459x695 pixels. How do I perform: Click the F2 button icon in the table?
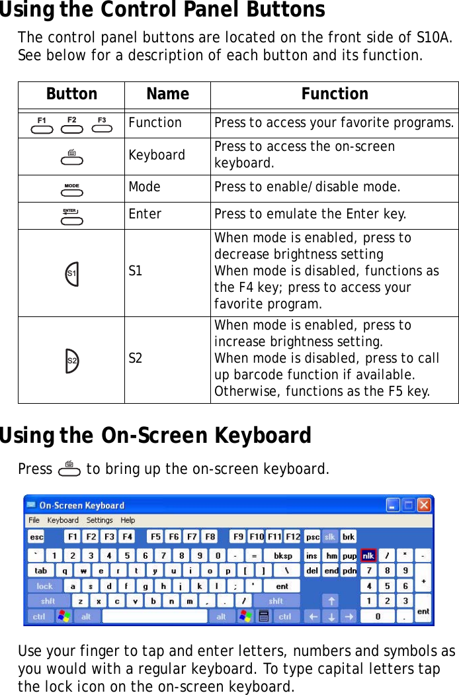[x=71, y=124]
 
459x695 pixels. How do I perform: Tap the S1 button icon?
[x=71, y=273]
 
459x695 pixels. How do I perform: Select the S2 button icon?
[x=71, y=360]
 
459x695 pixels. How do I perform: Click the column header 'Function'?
[x=335, y=94]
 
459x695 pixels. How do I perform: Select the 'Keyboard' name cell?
[x=157, y=155]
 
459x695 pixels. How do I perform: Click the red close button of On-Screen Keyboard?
[x=423, y=505]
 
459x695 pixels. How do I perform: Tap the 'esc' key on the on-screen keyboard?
[x=36, y=537]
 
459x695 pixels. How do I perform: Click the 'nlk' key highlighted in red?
[x=368, y=555]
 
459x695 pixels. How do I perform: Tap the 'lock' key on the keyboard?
[x=44, y=586]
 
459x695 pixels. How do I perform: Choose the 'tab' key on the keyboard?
[x=41, y=570]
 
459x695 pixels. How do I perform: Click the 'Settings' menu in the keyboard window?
[x=99, y=520]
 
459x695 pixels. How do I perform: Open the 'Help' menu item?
[x=128, y=520]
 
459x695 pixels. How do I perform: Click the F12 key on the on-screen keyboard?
[x=292, y=537]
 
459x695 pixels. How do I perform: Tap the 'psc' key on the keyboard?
[x=312, y=537]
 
